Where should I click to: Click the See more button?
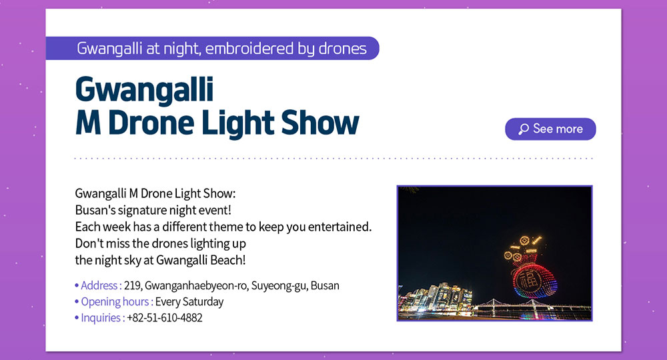click(550, 129)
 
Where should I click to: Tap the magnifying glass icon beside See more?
click(523, 129)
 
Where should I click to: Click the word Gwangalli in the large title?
click(144, 90)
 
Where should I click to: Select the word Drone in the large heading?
click(151, 123)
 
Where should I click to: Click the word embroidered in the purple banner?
click(249, 49)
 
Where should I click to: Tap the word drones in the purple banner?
click(342, 49)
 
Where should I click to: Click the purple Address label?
click(101, 285)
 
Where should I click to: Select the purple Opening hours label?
click(117, 302)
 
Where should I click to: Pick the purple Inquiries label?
click(103, 318)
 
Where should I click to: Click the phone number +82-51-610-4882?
click(165, 318)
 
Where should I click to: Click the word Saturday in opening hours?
click(203, 302)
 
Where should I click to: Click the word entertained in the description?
click(339, 227)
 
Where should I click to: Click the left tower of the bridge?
click(493, 304)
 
